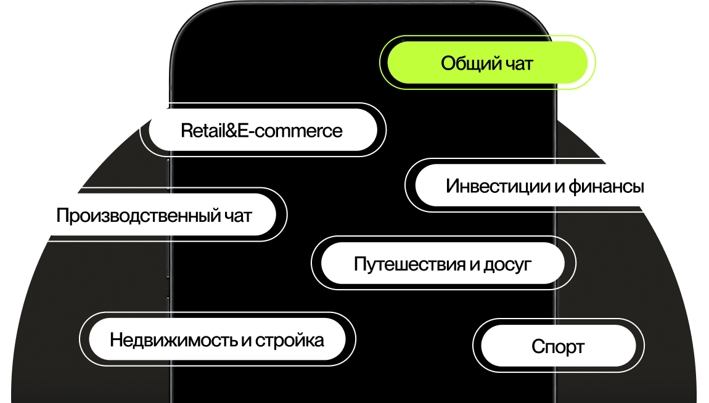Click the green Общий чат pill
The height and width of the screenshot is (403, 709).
(487, 62)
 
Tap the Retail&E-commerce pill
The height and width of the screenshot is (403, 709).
(262, 130)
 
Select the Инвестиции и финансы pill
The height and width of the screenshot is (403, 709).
(545, 185)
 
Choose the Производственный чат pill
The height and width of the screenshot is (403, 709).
(154, 215)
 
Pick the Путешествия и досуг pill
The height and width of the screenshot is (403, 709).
(443, 264)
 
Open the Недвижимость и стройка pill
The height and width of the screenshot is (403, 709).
(217, 340)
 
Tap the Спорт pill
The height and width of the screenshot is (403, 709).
(558, 346)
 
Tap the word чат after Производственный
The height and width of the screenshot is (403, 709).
(237, 215)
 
